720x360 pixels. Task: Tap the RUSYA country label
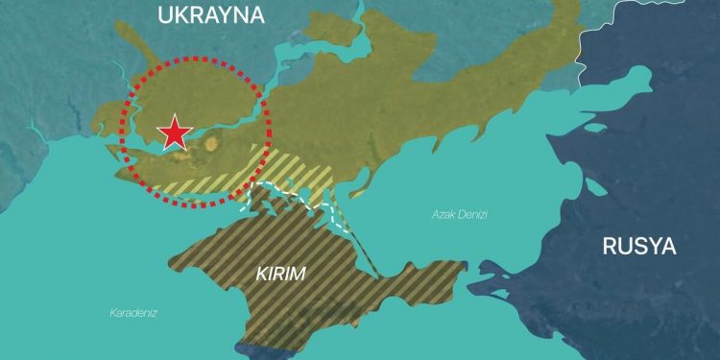point(639,246)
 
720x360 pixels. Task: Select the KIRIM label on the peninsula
point(281,274)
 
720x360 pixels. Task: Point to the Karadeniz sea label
point(133,312)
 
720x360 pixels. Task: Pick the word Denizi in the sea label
point(471,214)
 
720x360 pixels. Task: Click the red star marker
point(174,133)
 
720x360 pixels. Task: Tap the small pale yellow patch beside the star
point(211,144)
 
